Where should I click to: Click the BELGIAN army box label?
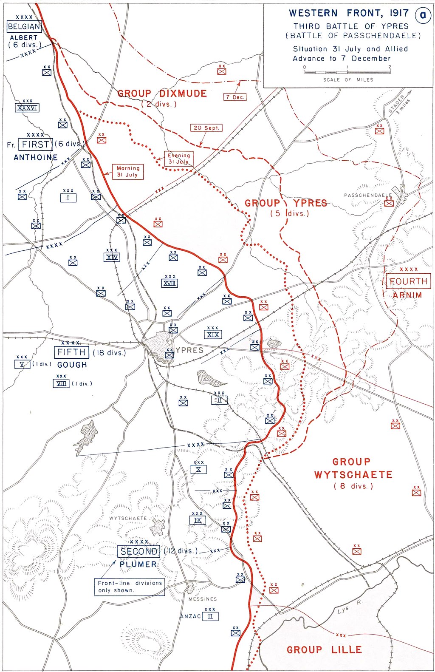point(24,26)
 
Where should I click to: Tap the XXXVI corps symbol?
point(27,108)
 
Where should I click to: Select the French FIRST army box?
point(36,145)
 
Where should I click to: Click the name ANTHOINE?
point(36,157)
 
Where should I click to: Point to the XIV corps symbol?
point(112,257)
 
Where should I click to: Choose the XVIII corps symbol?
point(170,283)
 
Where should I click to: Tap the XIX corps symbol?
point(213,335)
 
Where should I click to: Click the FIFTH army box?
point(71,352)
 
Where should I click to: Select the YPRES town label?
point(189,350)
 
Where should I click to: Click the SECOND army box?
point(139,551)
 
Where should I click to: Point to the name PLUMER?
point(138,564)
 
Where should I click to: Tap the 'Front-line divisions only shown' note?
point(130,587)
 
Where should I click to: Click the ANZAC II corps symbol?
point(210,616)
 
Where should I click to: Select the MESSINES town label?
point(203,599)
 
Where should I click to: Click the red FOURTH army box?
point(408,281)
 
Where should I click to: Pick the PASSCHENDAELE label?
point(368,195)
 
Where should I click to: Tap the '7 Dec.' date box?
point(235,97)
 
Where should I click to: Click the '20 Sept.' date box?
point(206,128)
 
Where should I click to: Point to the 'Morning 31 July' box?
point(128,171)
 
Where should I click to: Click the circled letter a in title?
point(423,15)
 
